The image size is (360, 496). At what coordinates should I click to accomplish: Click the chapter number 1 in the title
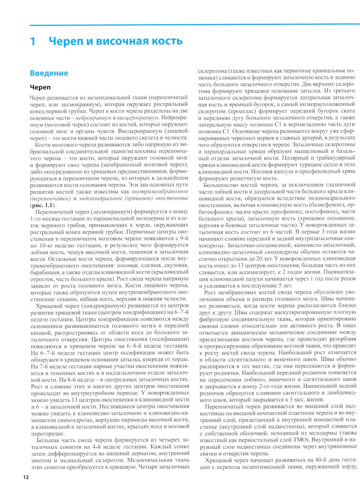(33, 41)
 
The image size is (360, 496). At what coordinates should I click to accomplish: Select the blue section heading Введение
(49, 73)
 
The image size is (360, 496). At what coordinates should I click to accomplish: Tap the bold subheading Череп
(40, 87)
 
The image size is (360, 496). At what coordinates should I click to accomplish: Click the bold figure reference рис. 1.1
(41, 205)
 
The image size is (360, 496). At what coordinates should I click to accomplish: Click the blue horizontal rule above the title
(194, 26)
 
